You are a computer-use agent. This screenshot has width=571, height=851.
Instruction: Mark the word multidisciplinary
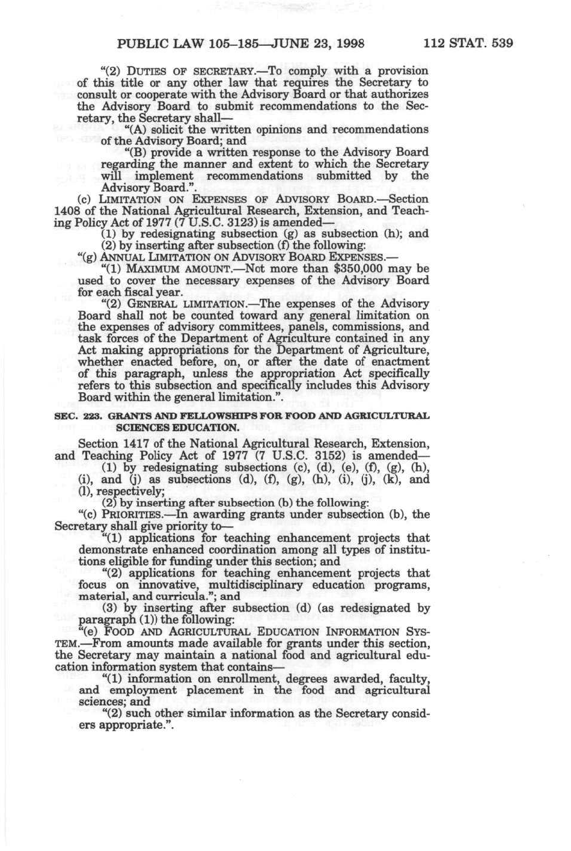(x=287, y=585)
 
